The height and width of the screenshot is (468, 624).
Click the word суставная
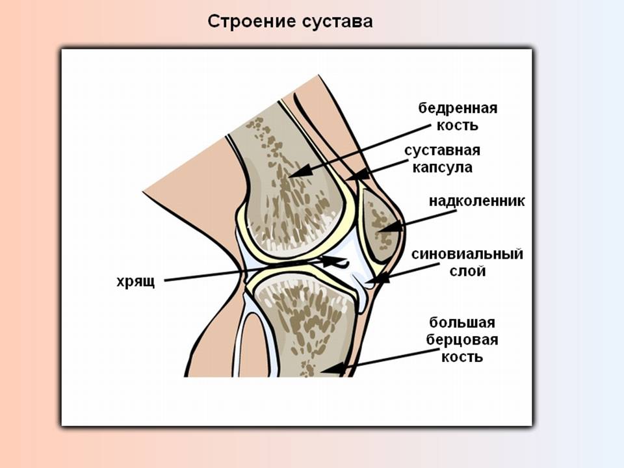(442, 151)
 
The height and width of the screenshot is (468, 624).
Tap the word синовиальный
(467, 254)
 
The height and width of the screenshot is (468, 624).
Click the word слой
(467, 271)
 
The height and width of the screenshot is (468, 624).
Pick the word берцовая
(462, 340)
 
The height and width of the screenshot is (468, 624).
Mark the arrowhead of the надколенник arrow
(384, 228)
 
